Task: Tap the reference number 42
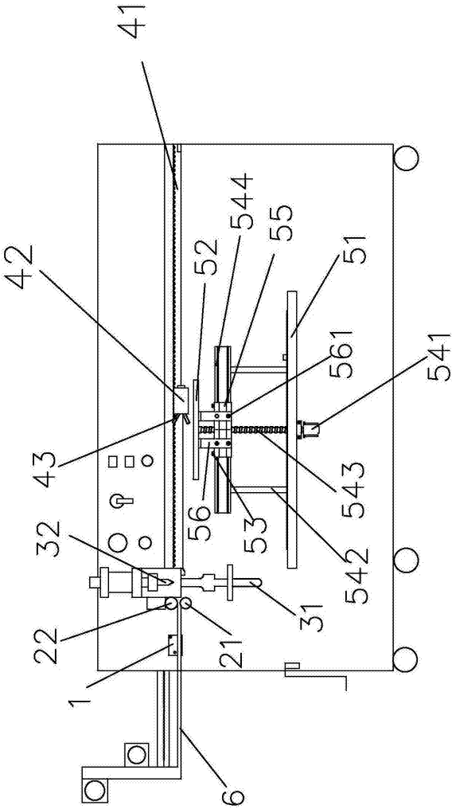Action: [x=21, y=269]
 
